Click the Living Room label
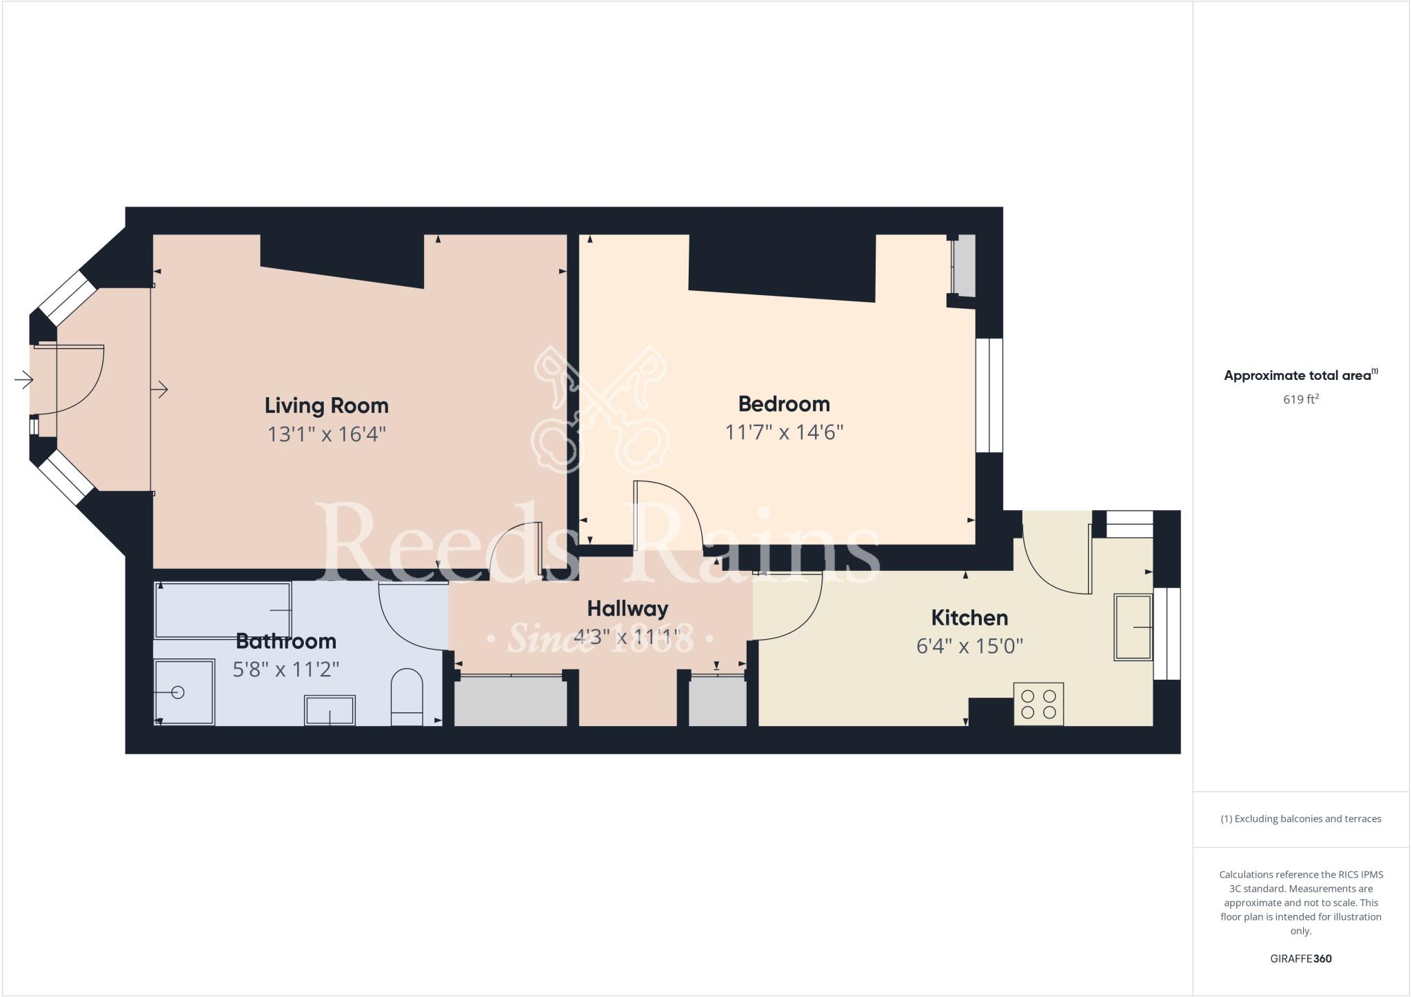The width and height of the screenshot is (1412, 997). click(x=326, y=405)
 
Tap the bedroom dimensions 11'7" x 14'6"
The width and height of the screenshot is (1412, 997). click(x=784, y=432)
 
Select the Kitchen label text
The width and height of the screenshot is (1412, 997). click(x=969, y=617)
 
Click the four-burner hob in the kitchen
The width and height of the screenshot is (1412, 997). click(x=1038, y=704)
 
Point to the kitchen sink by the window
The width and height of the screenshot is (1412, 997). click(x=1133, y=627)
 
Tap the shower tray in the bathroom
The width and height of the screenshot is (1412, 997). click(x=183, y=692)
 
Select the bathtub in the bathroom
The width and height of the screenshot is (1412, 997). click(x=222, y=610)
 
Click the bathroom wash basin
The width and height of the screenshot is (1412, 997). click(x=330, y=710)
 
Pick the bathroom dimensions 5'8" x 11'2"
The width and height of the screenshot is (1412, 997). click(x=285, y=669)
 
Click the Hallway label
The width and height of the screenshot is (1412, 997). click(x=627, y=609)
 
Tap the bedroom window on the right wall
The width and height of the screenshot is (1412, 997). click(x=989, y=395)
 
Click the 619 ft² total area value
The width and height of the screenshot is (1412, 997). click(x=1300, y=399)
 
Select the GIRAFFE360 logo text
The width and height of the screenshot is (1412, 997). click(x=1300, y=958)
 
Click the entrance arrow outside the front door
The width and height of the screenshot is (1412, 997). click(x=23, y=380)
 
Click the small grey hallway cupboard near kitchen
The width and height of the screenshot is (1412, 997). click(x=718, y=702)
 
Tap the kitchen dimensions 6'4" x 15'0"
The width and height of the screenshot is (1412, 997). click(x=969, y=646)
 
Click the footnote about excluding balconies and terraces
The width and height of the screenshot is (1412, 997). click(x=1300, y=819)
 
